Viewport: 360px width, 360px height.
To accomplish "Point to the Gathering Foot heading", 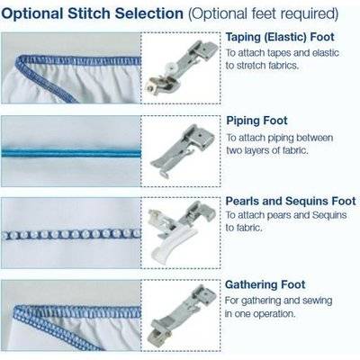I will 265,284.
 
